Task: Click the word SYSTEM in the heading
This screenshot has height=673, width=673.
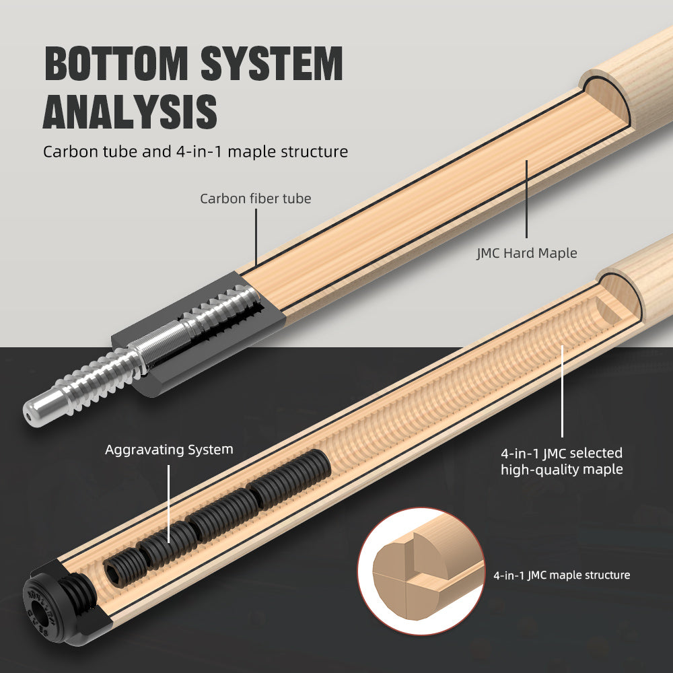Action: [x=280, y=64]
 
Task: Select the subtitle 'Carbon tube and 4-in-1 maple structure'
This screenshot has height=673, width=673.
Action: [x=195, y=151]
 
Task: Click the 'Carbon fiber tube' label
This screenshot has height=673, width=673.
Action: [x=255, y=199]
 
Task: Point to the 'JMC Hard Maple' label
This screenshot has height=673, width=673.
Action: [x=527, y=253]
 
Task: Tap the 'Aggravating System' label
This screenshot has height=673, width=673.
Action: [x=169, y=449]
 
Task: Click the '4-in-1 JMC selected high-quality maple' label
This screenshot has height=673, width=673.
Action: [x=561, y=461]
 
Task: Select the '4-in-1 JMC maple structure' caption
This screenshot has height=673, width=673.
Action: [x=561, y=575]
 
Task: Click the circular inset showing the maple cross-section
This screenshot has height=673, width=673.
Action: [x=421, y=571]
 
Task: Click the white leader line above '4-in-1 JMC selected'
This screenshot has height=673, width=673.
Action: [x=563, y=390]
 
